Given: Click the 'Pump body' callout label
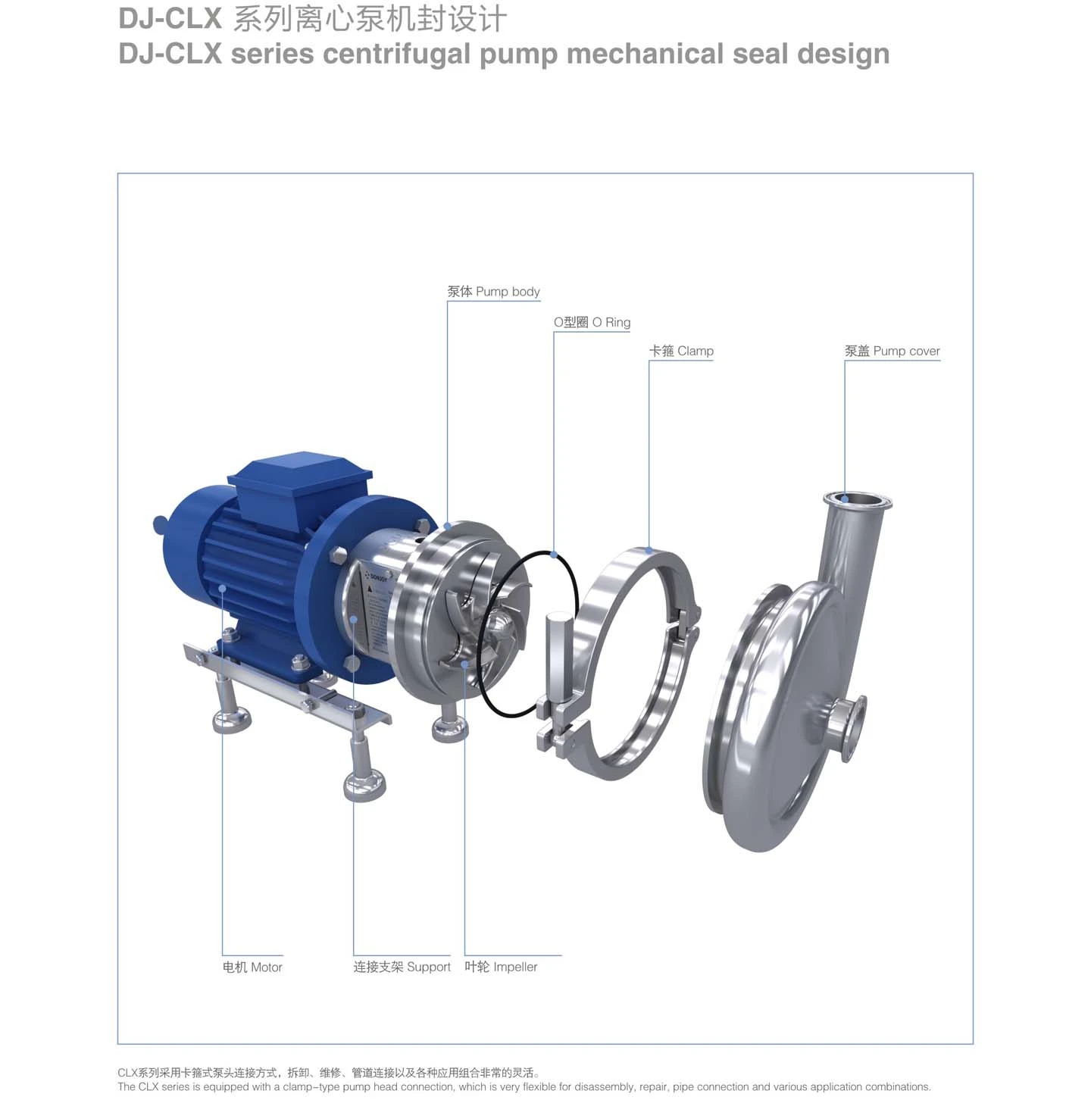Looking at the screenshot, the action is (x=493, y=292).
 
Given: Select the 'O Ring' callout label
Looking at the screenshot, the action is (x=592, y=323).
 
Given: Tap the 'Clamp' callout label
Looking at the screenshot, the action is (x=681, y=352).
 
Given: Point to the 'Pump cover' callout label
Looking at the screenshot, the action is (x=892, y=352).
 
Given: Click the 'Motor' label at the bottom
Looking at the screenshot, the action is (x=252, y=967).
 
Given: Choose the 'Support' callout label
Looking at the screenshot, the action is (x=402, y=967).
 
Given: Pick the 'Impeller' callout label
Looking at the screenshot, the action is (x=501, y=967).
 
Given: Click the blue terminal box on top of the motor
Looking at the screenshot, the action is (x=299, y=484).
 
